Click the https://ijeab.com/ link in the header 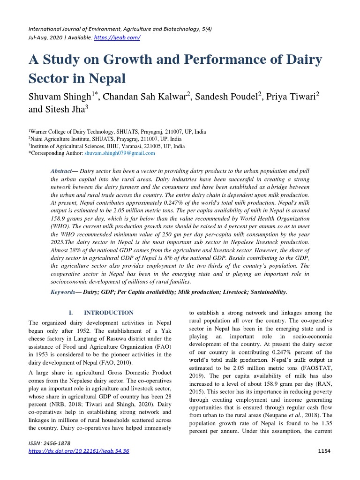click(117, 37)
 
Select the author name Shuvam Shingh click(58, 97)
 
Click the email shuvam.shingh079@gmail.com click(120, 153)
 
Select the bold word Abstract click(61, 172)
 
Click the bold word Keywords click(63, 292)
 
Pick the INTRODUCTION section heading click(108, 313)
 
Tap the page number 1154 click(324, 451)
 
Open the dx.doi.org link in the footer click(79, 451)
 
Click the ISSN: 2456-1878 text click(50, 443)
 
